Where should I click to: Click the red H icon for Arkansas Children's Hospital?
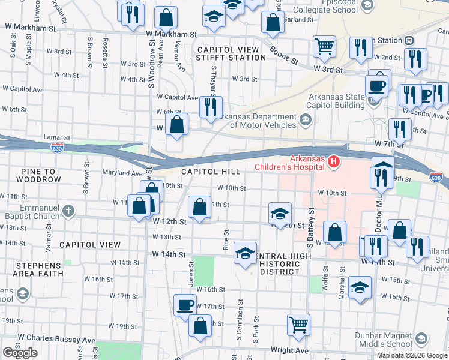(331, 162)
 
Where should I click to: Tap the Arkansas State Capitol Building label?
(336, 101)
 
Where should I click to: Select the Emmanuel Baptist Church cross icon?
(68, 211)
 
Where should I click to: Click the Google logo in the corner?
(20, 353)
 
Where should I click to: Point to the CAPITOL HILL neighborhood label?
(207, 172)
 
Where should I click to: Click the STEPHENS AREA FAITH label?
(27, 268)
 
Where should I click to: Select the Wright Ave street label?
(289, 350)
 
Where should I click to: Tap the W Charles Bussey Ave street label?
(56, 339)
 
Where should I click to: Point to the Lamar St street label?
(56, 138)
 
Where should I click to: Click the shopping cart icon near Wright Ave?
(298, 325)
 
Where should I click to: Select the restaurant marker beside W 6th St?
(211, 107)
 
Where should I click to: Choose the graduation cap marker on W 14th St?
(245, 253)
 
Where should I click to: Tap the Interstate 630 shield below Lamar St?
(57, 148)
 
